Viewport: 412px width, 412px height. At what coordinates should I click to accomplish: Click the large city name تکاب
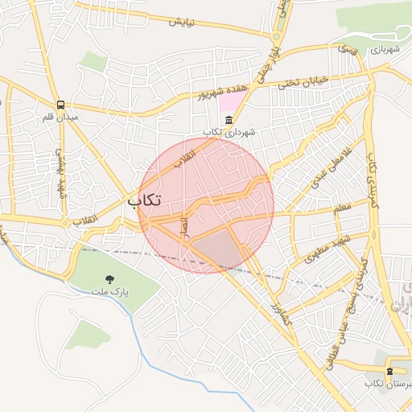pyautogui.click(x=144, y=200)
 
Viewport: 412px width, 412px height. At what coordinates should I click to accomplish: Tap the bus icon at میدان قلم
pyautogui.click(x=61, y=105)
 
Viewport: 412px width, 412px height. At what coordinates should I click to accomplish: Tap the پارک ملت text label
pyautogui.click(x=109, y=292)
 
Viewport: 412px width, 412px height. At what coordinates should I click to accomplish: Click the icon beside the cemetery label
pyautogui.click(x=390, y=371)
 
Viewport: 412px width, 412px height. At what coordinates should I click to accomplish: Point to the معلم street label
pyautogui.click(x=342, y=208)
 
